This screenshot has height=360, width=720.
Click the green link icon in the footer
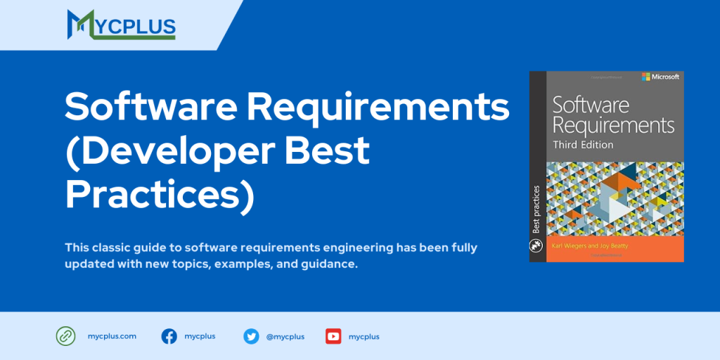[x=65, y=337]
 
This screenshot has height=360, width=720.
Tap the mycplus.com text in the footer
[x=112, y=337]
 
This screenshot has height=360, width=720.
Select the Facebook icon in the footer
[x=169, y=337]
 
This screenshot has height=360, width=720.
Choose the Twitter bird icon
[x=251, y=337]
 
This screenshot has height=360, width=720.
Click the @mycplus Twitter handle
[x=285, y=337]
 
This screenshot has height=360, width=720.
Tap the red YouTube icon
[x=333, y=337]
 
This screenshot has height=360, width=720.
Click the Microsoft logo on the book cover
[x=660, y=77]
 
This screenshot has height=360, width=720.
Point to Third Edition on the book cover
[x=583, y=145]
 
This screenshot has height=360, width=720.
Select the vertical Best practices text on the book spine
[x=536, y=209]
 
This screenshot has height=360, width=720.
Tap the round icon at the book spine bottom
[x=537, y=246]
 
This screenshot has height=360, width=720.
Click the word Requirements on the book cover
[x=613, y=125]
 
